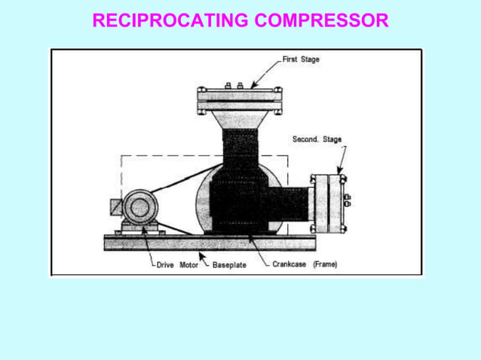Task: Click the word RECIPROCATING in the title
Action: click(170, 20)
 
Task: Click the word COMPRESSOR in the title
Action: click(321, 20)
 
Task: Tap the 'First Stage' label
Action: click(301, 59)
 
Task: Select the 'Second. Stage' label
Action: click(317, 139)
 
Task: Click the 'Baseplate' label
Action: click(229, 264)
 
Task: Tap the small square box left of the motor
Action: click(115, 206)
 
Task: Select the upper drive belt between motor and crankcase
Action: click(181, 181)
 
